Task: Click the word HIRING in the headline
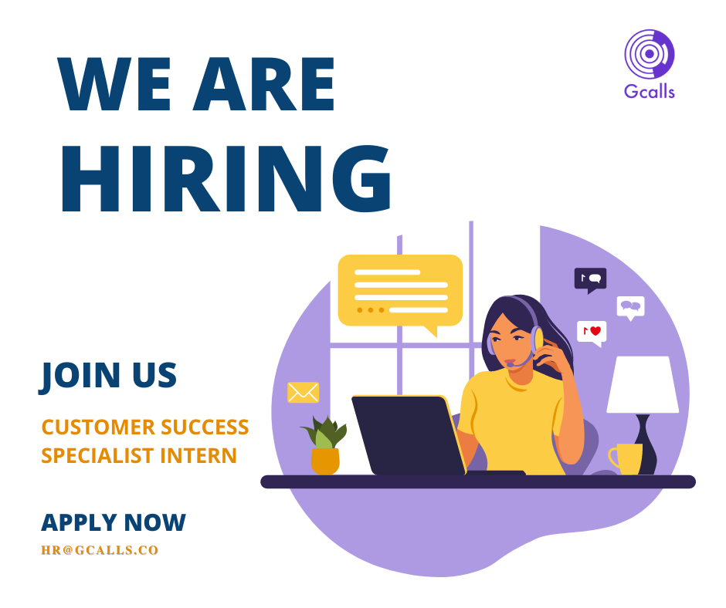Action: point(225,179)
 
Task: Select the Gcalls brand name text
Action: point(649,92)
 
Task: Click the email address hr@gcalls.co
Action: point(100,551)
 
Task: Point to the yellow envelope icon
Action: point(303,393)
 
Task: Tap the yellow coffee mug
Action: point(626,458)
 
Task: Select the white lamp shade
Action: point(643,384)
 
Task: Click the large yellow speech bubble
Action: point(400,292)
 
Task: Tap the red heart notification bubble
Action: point(592,332)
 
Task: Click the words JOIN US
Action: point(109,375)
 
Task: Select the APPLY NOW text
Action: point(114,522)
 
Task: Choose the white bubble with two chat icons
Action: point(631,307)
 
